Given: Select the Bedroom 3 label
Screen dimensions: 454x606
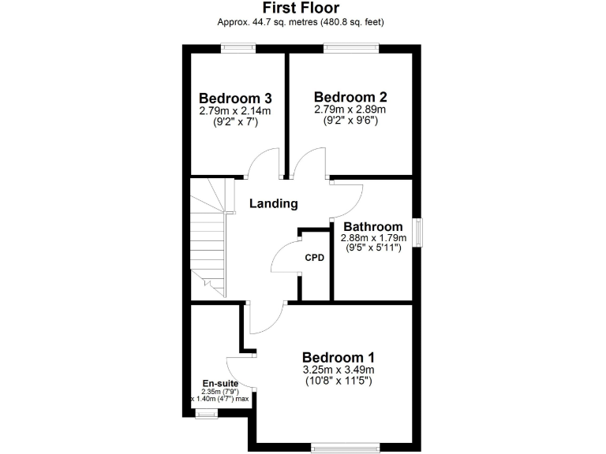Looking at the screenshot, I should (235, 99).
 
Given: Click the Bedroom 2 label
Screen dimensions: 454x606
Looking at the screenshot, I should (350, 97).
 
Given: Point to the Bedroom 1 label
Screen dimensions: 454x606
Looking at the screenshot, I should (338, 355).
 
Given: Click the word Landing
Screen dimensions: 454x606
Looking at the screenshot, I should (274, 203).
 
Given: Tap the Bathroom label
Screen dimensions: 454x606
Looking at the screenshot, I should (372, 227).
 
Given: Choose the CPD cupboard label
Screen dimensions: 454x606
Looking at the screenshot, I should (315, 257).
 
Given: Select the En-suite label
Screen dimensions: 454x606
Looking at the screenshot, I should (220, 384).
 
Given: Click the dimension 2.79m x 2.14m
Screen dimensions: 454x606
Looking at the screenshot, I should (235, 111).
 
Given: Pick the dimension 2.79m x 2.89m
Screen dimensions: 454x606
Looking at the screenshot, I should (350, 110).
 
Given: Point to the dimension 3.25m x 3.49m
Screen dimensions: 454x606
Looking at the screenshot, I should (338, 369).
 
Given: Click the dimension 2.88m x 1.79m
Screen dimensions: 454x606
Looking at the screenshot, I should (373, 238).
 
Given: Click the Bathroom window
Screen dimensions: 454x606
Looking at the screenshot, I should (418, 233).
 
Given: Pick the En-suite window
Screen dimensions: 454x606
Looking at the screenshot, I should (208, 412).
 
